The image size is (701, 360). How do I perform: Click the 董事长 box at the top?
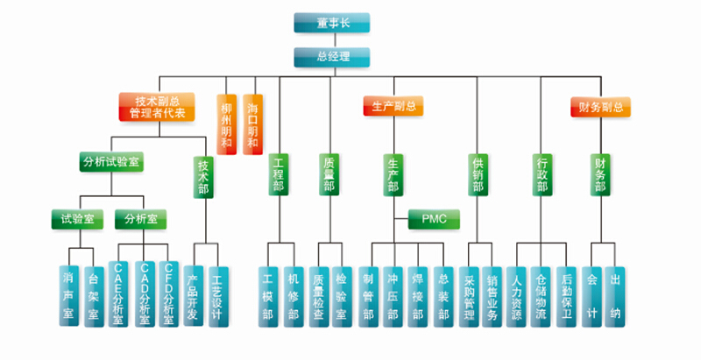(331, 23)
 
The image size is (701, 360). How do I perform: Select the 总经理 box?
(331, 57)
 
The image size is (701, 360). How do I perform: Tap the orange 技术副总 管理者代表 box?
(156, 107)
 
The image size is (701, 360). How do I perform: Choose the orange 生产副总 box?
(393, 107)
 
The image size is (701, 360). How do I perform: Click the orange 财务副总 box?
(600, 108)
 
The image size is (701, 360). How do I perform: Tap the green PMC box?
(435, 218)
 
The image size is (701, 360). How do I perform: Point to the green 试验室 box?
(72, 218)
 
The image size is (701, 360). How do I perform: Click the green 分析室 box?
(140, 218)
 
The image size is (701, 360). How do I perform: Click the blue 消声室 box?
(68, 296)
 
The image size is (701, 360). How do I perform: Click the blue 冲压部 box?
(393, 296)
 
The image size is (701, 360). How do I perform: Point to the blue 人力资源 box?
(516, 296)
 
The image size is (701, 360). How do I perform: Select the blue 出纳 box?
(616, 296)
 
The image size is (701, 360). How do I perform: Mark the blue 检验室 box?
(343, 296)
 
